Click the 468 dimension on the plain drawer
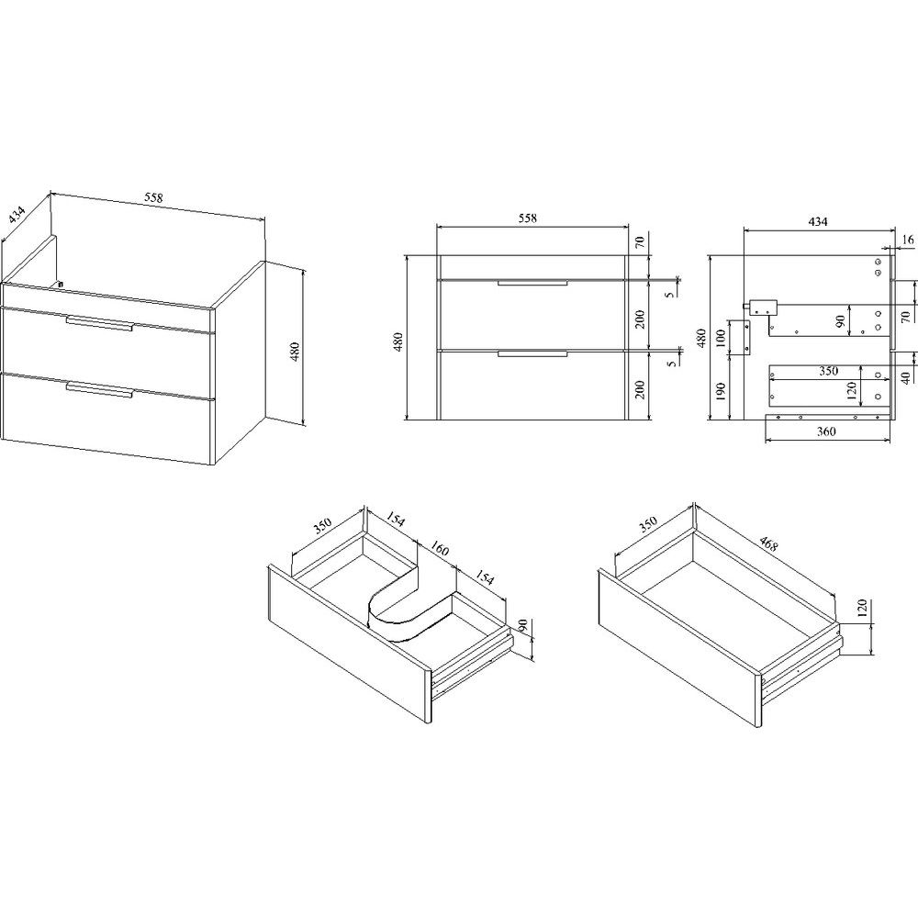[768, 543]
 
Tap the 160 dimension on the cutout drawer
[440, 549]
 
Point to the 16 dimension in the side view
[908, 240]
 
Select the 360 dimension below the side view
[826, 431]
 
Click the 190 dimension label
[721, 391]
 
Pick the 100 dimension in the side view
[721, 338]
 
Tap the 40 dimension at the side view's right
[906, 379]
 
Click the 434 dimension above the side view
[818, 222]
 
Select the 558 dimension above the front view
[528, 218]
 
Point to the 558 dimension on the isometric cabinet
[153, 198]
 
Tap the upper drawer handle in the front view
[532, 284]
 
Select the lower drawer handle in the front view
[532, 353]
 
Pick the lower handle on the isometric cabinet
[100, 389]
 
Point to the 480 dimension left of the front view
[398, 341]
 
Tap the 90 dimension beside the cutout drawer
[523, 625]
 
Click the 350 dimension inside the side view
[828, 371]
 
